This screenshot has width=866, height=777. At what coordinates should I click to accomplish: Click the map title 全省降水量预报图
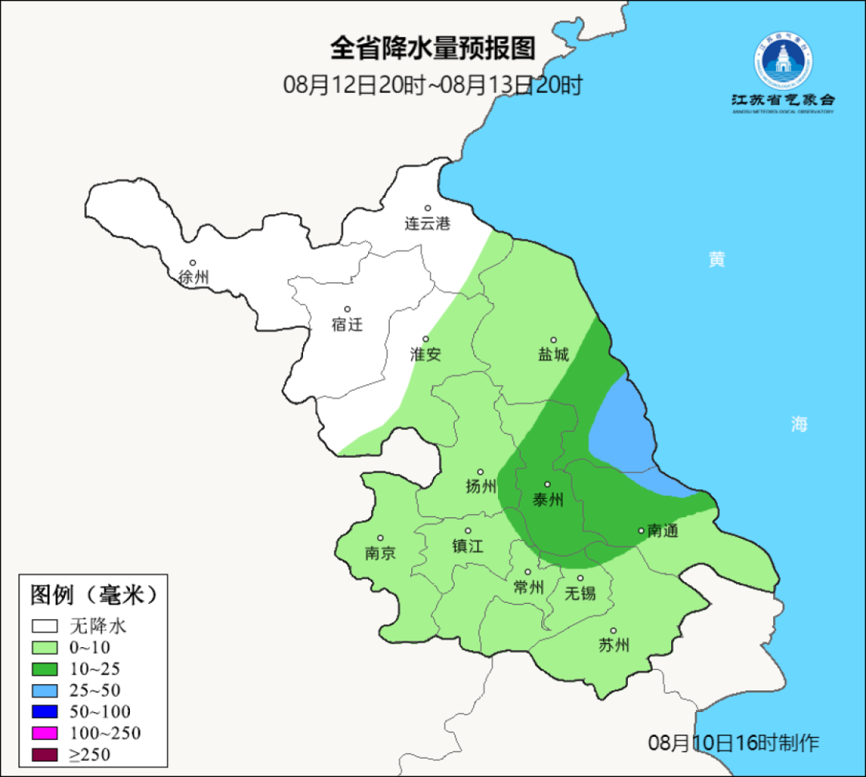coord(432,48)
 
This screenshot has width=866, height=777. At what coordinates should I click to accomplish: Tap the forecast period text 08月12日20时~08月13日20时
coord(432,84)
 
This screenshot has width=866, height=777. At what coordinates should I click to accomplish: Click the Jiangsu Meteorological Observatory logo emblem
coord(783,60)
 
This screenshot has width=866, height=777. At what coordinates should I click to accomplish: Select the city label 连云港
coord(427,224)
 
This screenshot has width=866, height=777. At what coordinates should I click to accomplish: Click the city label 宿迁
coord(347,324)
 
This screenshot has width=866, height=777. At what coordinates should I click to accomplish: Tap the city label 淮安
coord(426,354)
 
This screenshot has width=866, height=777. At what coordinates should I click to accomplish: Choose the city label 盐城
coord(553,354)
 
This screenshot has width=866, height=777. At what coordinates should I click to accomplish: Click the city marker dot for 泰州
coord(548,484)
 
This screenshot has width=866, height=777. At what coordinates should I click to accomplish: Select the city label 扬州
coord(481,487)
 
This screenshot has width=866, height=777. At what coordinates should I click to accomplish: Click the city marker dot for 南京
coord(380,538)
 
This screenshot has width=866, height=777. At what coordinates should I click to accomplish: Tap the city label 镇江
coord(468,546)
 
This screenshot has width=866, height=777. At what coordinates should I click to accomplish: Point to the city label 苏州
coord(614,645)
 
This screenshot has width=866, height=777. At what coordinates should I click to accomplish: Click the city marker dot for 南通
coord(641,530)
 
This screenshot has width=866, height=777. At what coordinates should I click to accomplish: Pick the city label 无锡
coord(581,593)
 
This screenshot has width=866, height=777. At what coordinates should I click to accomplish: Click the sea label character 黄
coord(716,259)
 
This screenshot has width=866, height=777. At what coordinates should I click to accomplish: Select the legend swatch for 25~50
coord(45,690)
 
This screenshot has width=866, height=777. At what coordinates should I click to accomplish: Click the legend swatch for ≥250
coord(45,754)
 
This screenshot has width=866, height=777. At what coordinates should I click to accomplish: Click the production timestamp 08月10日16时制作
coord(734,743)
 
